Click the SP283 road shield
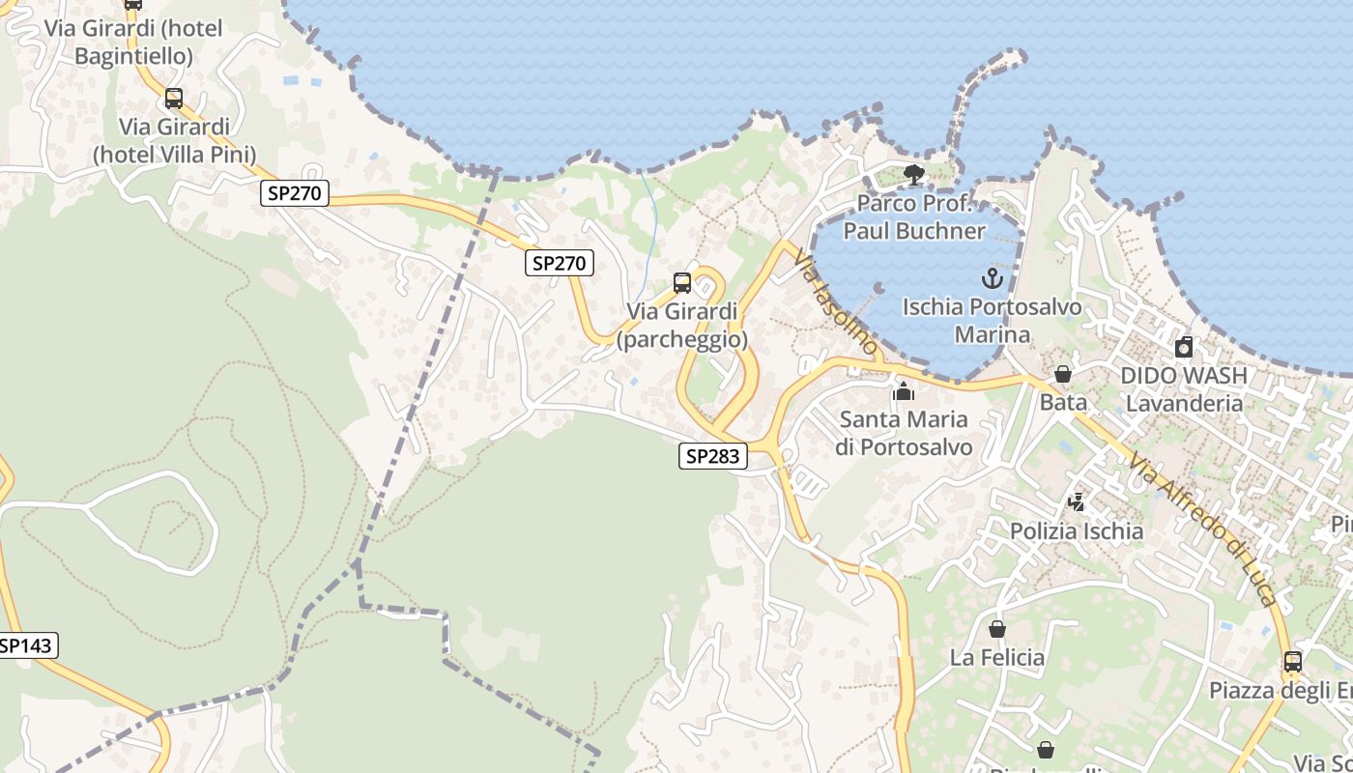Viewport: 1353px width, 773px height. tap(713, 457)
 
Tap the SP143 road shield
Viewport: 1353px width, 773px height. tap(27, 645)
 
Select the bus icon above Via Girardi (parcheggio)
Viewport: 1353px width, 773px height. tap(682, 283)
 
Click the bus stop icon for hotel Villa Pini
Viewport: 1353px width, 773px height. tap(174, 99)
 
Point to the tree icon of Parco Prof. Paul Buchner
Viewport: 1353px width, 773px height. tap(913, 175)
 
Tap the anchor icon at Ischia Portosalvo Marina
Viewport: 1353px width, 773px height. tap(992, 279)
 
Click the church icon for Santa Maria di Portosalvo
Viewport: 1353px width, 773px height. tap(904, 391)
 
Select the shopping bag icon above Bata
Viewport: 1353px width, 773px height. tap(1063, 374)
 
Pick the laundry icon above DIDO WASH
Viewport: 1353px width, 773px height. tap(1184, 347)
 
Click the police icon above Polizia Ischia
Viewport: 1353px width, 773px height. tap(1077, 502)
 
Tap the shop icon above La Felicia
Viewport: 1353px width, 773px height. tap(997, 629)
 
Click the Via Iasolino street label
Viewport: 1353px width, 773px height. tap(836, 301)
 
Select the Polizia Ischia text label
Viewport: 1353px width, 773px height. tap(1077, 530)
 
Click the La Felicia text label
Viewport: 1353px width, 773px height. tap(997, 658)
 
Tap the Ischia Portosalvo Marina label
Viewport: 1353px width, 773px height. tap(992, 321)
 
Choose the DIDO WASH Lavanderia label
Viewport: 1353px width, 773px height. tap(1184, 388)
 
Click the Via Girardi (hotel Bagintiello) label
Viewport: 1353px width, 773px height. tap(133, 43)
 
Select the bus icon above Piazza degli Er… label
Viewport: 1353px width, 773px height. tap(1293, 662)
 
